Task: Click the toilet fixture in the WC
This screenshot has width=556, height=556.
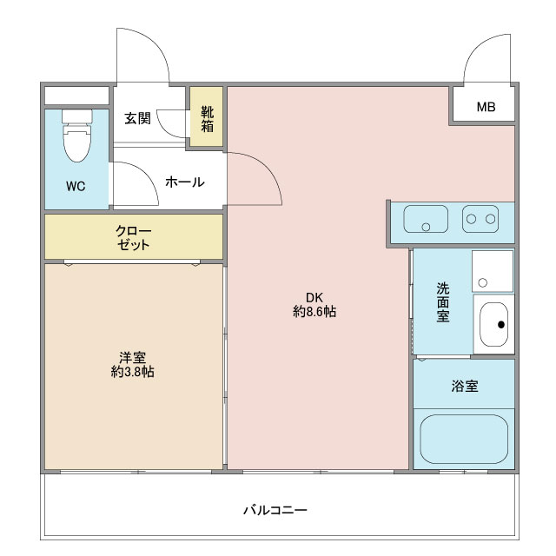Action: (77, 140)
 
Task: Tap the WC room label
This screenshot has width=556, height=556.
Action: (76, 187)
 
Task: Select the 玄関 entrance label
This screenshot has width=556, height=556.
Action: (137, 118)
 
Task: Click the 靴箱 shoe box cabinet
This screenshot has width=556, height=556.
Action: (207, 118)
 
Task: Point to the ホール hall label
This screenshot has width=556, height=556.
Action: (183, 182)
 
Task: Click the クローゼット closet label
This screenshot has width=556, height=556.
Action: (134, 237)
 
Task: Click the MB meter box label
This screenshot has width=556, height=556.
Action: (486, 108)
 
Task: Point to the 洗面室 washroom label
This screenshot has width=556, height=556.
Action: (443, 303)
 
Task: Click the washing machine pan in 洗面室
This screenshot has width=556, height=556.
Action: (493, 270)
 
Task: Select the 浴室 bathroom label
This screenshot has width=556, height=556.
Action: (464, 387)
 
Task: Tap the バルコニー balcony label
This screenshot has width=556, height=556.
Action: (275, 510)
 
